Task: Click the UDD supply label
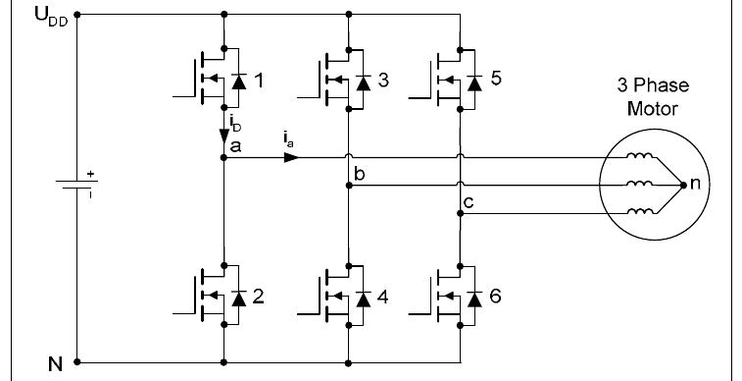pyautogui.click(x=52, y=17)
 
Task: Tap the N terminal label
pyautogui.click(x=55, y=364)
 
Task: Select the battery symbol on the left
pyautogui.click(x=76, y=185)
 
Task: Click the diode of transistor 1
pyautogui.click(x=238, y=82)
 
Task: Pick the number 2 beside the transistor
pyautogui.click(x=259, y=297)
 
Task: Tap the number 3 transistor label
pyautogui.click(x=383, y=81)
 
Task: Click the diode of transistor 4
pyautogui.click(x=363, y=299)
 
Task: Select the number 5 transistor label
pyautogui.click(x=495, y=79)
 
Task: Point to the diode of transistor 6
pyautogui.click(x=474, y=299)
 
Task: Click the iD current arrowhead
pyautogui.click(x=224, y=136)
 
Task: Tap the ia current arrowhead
pyautogui.click(x=291, y=157)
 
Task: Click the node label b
pyautogui.click(x=359, y=174)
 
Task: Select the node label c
pyautogui.click(x=469, y=203)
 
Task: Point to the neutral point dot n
pyautogui.click(x=683, y=186)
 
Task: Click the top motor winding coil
pyautogui.click(x=640, y=155)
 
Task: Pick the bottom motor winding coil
pyautogui.click(x=640, y=211)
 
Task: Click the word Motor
pyautogui.click(x=653, y=109)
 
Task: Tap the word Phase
pyautogui.click(x=661, y=85)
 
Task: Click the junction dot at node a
pyautogui.click(x=224, y=157)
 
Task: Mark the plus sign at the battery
pyautogui.click(x=91, y=175)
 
